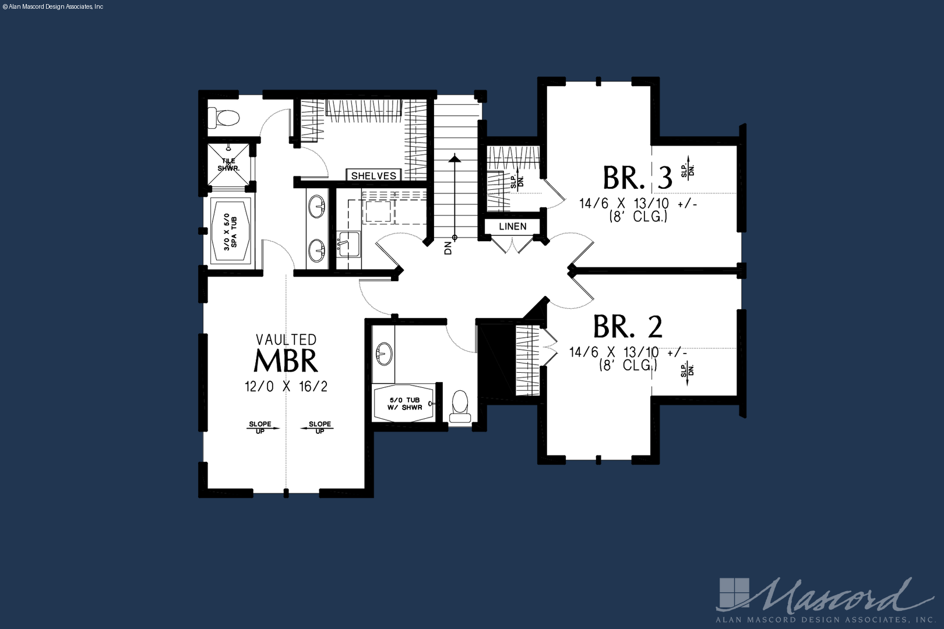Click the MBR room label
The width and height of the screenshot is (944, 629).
click(286, 361)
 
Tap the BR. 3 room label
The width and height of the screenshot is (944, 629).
click(637, 178)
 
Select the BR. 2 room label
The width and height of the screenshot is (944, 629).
click(628, 327)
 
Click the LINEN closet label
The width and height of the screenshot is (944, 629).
click(512, 226)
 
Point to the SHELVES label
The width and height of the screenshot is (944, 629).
click(374, 176)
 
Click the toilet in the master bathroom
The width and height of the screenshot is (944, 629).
click(223, 118)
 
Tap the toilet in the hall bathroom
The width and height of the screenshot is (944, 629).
click(460, 407)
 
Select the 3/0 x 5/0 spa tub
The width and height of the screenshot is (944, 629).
click(230, 232)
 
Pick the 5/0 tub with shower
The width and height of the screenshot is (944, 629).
click(404, 403)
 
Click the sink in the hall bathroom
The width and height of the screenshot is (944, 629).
click(384, 354)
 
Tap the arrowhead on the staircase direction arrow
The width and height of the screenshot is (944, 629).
click(455, 158)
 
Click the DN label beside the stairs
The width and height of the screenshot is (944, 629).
click(448, 248)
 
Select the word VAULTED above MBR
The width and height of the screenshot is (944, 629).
click(287, 339)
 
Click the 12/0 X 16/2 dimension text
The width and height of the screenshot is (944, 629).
click(286, 386)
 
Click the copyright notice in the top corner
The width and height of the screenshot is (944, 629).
click(52, 7)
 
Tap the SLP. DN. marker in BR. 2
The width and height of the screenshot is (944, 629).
click(687, 371)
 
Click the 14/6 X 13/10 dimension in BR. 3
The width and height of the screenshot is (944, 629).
click(638, 204)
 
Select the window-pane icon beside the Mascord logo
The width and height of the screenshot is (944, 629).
click(734, 593)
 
